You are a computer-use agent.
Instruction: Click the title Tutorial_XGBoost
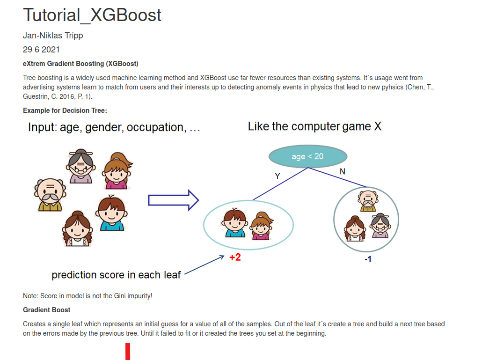(x=92, y=15)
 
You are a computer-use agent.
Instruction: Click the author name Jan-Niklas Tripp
(x=53, y=36)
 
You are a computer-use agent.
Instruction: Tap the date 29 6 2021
(x=41, y=50)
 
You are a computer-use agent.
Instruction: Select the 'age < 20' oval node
(x=308, y=156)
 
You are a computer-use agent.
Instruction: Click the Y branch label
(x=278, y=176)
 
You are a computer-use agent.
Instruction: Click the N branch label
(x=343, y=172)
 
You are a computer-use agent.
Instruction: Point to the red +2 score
(x=235, y=257)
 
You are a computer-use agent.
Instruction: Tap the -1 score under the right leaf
(x=368, y=259)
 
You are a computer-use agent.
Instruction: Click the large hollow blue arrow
(x=174, y=200)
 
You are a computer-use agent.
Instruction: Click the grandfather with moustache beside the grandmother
(x=50, y=195)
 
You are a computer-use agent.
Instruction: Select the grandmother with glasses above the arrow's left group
(x=80, y=166)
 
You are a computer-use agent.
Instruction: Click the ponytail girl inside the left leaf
(x=261, y=226)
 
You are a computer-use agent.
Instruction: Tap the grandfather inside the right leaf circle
(x=368, y=201)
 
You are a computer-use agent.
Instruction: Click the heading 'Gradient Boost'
(x=47, y=310)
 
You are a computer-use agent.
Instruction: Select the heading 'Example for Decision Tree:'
(x=65, y=110)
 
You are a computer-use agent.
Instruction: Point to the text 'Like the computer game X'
(x=314, y=126)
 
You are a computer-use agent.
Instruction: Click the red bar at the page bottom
(x=128, y=352)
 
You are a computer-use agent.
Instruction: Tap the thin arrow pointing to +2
(x=205, y=265)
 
